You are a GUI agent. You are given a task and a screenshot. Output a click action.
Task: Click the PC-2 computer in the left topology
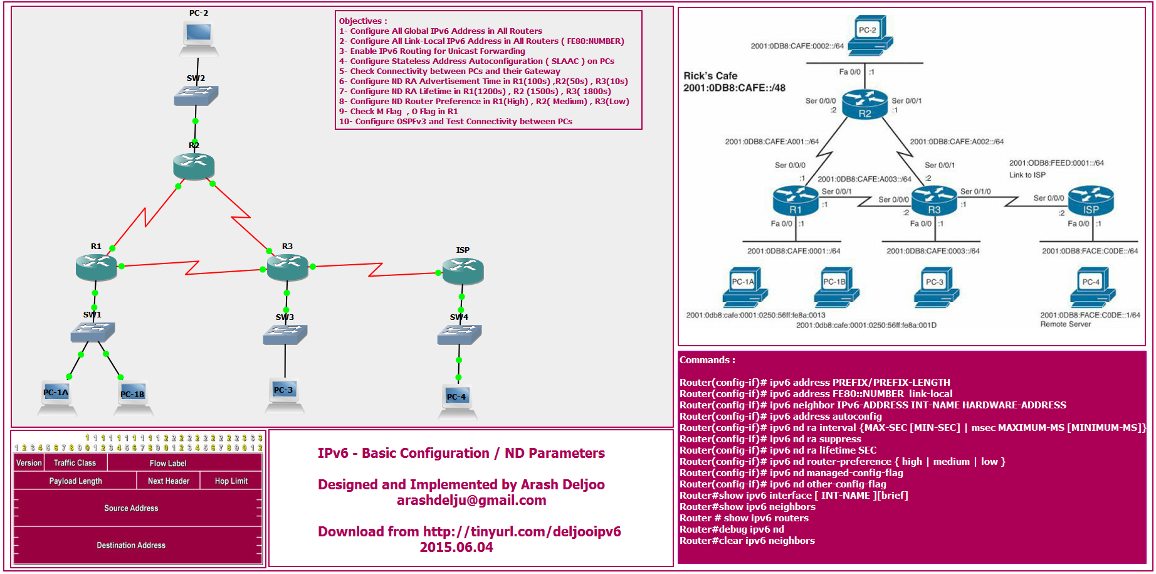click(199, 38)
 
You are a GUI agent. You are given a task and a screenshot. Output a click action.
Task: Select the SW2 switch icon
click(196, 95)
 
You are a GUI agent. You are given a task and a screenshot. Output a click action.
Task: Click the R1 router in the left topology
click(96, 267)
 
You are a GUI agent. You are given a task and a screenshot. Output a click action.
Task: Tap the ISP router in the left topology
click(463, 271)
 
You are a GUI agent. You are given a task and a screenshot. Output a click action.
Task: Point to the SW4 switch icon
click(460, 334)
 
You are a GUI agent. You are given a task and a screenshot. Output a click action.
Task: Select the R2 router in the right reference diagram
click(864, 104)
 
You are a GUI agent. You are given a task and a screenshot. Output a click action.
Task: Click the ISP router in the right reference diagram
click(1091, 200)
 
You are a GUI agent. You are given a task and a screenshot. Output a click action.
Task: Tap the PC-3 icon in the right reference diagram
click(937, 287)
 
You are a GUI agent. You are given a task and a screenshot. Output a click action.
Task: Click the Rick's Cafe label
click(710, 76)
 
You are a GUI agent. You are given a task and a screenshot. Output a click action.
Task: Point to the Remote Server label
click(1066, 324)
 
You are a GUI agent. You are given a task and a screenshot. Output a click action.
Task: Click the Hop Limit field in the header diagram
click(231, 481)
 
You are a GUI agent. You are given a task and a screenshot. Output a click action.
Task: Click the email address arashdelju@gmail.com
click(471, 501)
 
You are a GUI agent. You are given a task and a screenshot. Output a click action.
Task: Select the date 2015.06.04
click(456, 547)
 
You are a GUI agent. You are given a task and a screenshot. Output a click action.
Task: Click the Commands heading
click(707, 360)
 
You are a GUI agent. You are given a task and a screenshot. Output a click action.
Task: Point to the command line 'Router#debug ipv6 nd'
click(732, 529)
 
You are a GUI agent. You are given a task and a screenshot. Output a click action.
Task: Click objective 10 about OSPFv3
click(456, 122)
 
